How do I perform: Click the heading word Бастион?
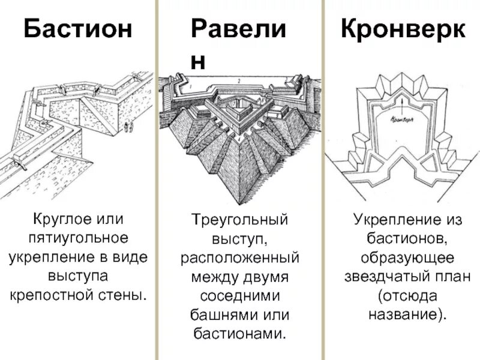tap(78, 29)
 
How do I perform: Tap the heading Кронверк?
tap(403, 29)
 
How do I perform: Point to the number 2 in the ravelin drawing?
tap(238, 80)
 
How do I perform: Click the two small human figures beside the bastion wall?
tap(127, 127)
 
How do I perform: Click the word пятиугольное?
tap(78, 239)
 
